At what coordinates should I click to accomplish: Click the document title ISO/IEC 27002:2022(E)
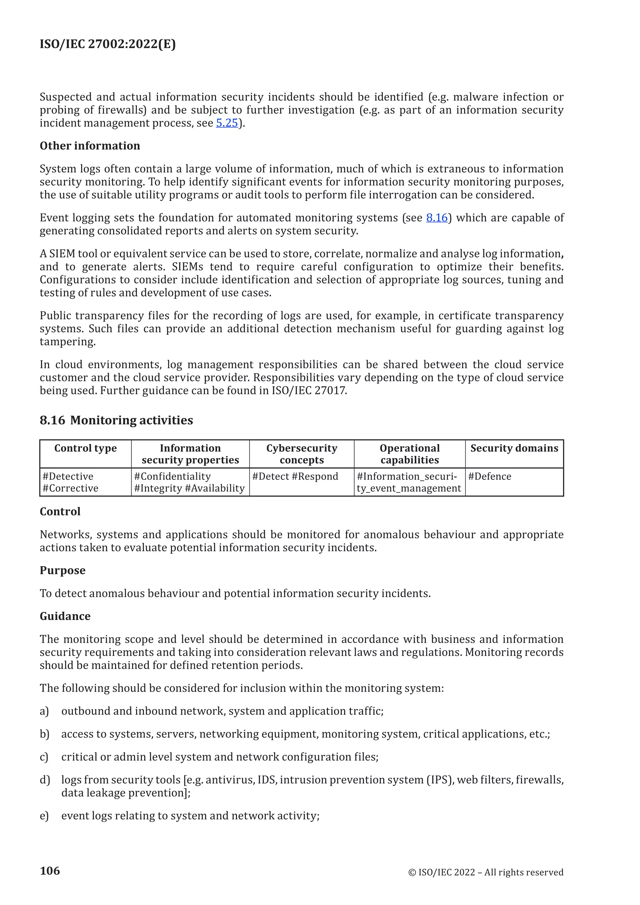107,44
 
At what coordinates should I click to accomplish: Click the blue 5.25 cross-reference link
227,123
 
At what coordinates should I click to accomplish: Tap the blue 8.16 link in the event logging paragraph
437,218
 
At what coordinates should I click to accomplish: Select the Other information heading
90,146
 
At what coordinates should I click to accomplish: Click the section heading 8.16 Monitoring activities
116,420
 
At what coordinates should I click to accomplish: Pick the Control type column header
86,448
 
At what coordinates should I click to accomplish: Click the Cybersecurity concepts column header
302,454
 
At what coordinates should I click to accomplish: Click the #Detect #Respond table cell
295,477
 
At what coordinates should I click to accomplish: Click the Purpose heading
63,570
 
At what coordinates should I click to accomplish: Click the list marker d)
45,780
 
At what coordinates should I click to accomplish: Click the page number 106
50,871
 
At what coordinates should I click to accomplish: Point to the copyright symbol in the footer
412,873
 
